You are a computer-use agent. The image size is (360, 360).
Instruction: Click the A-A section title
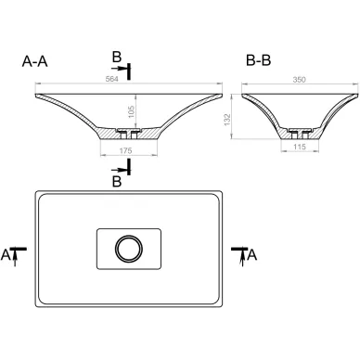pos(34,61)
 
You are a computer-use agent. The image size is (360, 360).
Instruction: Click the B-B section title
pos(258,60)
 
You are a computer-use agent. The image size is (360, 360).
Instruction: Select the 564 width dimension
pos(111,79)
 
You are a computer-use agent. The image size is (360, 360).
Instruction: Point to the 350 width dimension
pos(299,80)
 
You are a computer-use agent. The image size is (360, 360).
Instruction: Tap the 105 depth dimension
pos(131,111)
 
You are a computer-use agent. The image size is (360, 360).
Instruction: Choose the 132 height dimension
pos(227,120)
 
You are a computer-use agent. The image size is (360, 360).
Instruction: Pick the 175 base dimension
pos(125,150)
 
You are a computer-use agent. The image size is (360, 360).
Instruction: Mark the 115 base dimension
pos(300,147)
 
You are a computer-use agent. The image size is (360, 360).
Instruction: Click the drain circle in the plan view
pos(129,249)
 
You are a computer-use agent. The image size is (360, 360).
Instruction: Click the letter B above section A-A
pos(117,58)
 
